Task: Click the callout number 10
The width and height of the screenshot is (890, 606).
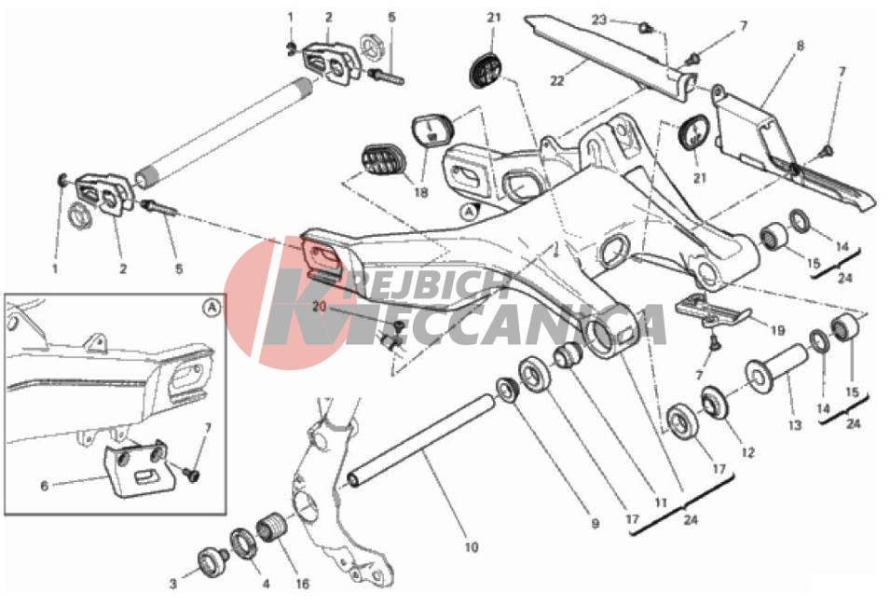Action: click(472, 547)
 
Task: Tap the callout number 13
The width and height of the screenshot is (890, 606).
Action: click(795, 425)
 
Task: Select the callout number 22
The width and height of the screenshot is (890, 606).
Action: click(557, 81)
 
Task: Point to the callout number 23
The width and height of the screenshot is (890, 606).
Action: click(599, 20)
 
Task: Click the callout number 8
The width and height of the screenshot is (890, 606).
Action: click(801, 46)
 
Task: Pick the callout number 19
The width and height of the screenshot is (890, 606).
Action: click(777, 331)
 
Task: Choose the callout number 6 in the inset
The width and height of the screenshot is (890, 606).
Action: click(45, 486)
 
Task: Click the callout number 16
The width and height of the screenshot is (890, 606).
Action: click(303, 584)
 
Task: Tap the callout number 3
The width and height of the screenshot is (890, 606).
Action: click(173, 584)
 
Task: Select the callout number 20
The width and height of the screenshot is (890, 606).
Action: click(319, 308)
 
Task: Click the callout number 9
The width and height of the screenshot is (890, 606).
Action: click(595, 524)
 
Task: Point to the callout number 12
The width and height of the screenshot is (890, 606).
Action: click(748, 453)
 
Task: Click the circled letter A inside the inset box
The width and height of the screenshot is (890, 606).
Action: click(212, 308)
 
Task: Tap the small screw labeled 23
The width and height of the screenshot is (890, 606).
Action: click(645, 26)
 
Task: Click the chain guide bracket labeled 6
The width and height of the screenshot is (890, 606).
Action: click(139, 468)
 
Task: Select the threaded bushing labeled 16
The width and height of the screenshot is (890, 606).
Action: click(271, 528)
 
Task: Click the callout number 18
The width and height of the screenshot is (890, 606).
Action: click(420, 193)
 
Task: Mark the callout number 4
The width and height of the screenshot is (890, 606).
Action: click(266, 584)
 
